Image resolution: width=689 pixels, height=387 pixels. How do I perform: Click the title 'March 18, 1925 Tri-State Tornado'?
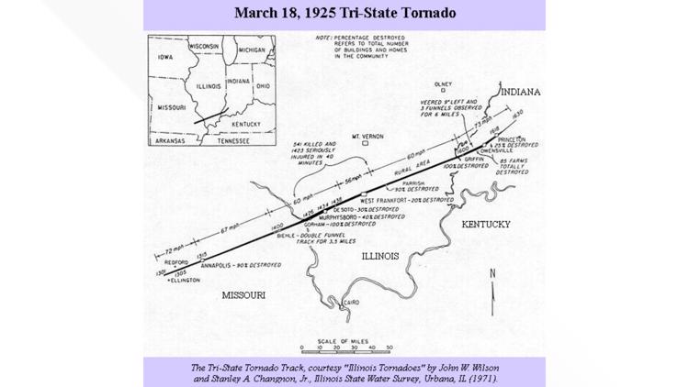[x=345, y=14]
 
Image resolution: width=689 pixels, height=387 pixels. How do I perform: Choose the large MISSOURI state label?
[x=243, y=295]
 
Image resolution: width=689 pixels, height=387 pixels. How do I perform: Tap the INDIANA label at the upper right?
[x=521, y=93]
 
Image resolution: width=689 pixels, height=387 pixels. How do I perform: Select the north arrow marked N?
[x=493, y=275]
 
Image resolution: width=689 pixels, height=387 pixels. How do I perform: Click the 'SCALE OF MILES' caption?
[x=347, y=339]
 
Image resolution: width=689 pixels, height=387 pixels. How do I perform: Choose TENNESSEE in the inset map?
[x=227, y=142]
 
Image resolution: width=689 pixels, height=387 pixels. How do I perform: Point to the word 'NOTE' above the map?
[x=322, y=38]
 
